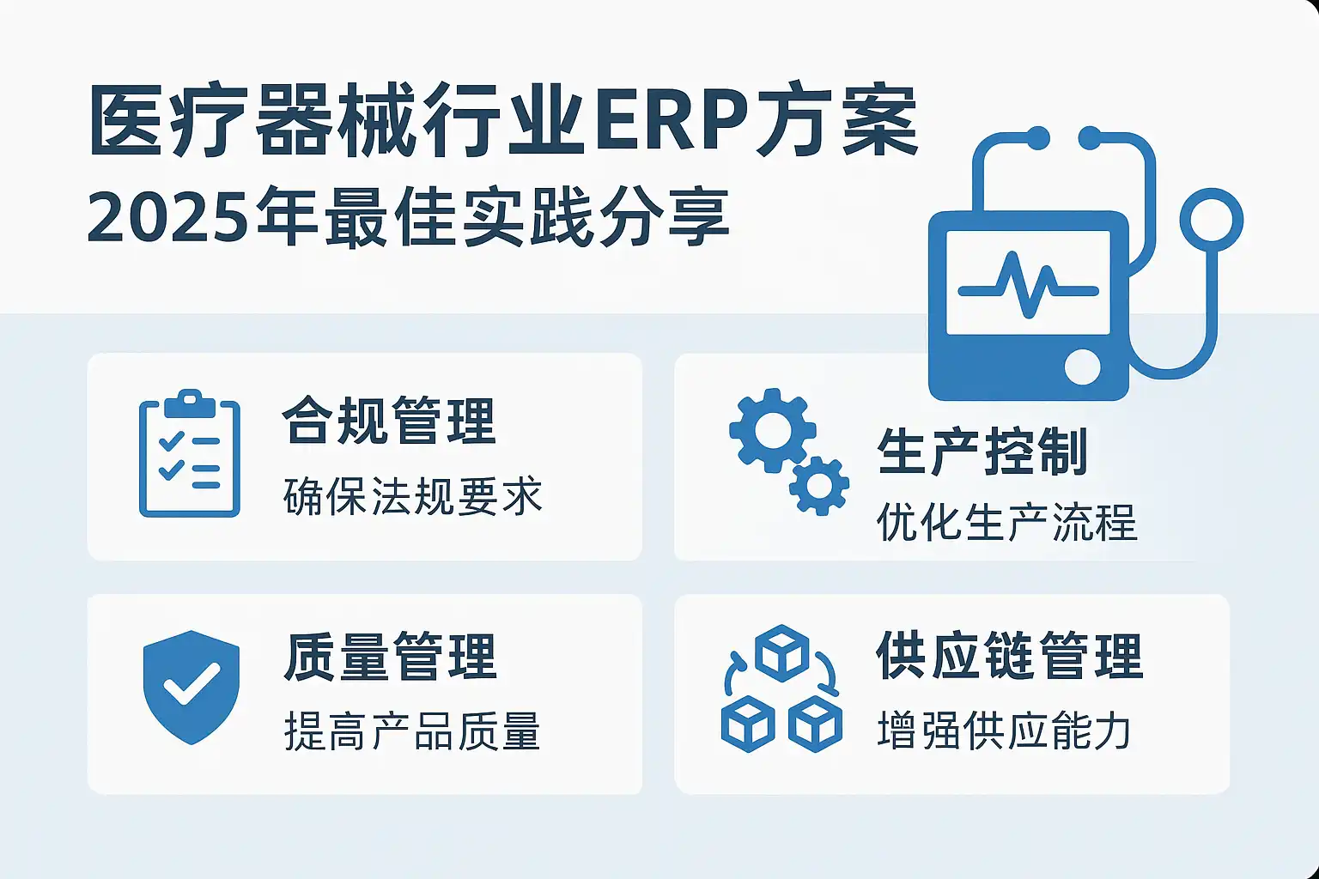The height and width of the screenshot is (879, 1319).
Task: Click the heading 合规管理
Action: pyautogui.click(x=389, y=421)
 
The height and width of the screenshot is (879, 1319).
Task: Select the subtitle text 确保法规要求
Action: pyautogui.click(x=412, y=496)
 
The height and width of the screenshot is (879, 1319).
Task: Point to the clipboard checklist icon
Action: pyautogui.click(x=190, y=453)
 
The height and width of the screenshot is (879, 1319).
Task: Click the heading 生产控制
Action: pyautogui.click(x=982, y=451)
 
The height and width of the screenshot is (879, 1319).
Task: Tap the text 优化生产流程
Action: pyautogui.click(x=1006, y=522)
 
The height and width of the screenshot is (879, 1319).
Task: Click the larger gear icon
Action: pyautogui.click(x=773, y=430)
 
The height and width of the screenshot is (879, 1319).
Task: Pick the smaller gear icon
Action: pyautogui.click(x=819, y=486)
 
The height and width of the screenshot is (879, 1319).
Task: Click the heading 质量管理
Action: pyautogui.click(x=391, y=657)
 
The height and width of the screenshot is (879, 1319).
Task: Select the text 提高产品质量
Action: pyautogui.click(x=412, y=730)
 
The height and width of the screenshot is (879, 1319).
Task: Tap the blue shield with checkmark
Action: pyautogui.click(x=191, y=687)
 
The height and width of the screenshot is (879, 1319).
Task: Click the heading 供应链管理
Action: pyautogui.click(x=1009, y=656)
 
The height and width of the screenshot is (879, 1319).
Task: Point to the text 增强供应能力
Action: pyautogui.click(x=1004, y=730)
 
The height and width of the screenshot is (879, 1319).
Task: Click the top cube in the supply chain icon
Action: pyautogui.click(x=782, y=653)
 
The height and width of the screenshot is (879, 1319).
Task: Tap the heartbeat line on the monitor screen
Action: pyautogui.click(x=1028, y=286)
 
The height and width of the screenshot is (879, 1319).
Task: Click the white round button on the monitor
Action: pyautogui.click(x=1082, y=367)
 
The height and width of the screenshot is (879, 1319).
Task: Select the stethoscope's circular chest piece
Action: pyautogui.click(x=1212, y=220)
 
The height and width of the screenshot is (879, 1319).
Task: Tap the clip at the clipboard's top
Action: pyautogui.click(x=190, y=404)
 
